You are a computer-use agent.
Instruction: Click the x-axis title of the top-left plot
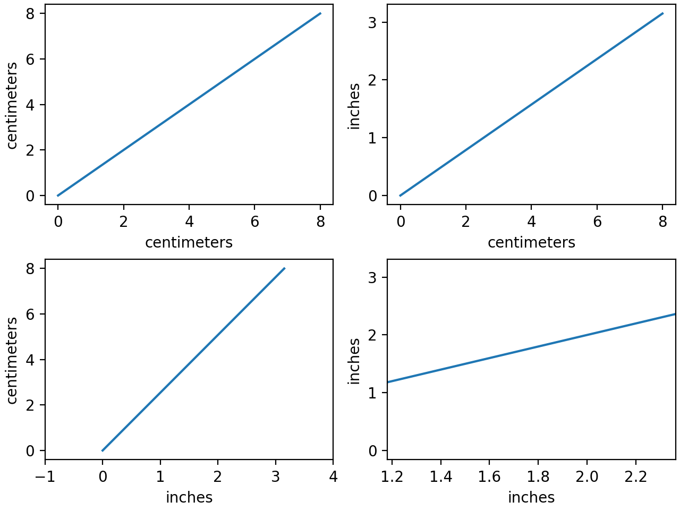tap(189, 242)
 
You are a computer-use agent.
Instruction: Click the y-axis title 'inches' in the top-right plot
tap(354, 106)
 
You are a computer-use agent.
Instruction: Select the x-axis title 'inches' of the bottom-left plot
tap(189, 497)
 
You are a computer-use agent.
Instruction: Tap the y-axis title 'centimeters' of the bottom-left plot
tap(12, 360)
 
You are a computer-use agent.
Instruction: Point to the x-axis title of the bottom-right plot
tap(531, 497)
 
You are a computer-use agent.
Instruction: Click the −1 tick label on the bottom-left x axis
tap(45, 477)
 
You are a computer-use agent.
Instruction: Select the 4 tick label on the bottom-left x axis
tap(333, 477)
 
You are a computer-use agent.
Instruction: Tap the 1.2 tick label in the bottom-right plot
tap(392, 477)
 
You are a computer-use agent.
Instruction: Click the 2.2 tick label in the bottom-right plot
tap(635, 477)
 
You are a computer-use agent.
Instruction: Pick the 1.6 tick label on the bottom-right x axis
tap(489, 477)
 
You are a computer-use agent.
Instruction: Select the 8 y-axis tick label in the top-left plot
tap(30, 14)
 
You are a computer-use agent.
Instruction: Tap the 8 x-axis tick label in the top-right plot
tap(662, 222)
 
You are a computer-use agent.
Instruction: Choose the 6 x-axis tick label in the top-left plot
tap(255, 222)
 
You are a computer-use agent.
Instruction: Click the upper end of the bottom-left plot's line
tap(285, 268)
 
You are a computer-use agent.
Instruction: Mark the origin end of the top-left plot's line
tap(58, 195)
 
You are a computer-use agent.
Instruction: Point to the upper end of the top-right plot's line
tap(662, 13)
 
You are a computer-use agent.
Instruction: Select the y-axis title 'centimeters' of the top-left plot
tap(12, 105)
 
